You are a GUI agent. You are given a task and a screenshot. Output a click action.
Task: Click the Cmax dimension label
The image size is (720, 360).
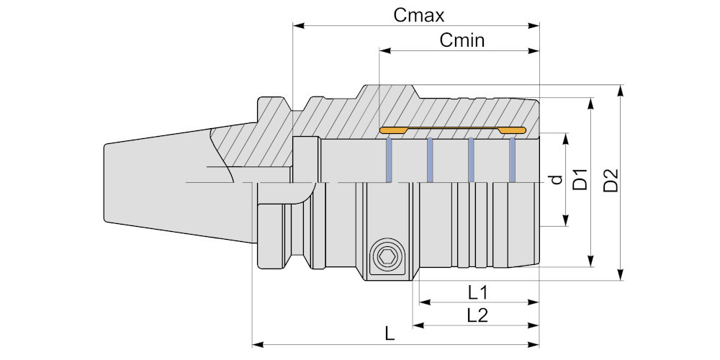click(x=419, y=14)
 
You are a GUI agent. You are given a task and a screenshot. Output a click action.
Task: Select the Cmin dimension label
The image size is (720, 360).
click(x=462, y=40)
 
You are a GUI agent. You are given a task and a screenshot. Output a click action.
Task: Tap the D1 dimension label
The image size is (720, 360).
click(x=580, y=180)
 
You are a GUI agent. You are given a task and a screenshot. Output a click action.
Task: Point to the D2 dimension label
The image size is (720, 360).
click(x=611, y=180)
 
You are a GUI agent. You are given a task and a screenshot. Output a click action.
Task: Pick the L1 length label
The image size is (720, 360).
click(x=478, y=292)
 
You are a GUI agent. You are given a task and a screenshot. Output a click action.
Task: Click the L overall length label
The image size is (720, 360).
click(x=390, y=335)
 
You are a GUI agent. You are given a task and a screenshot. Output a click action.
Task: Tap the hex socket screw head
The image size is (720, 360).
click(x=387, y=257)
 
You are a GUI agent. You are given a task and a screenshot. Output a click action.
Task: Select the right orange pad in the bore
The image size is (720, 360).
click(x=513, y=130)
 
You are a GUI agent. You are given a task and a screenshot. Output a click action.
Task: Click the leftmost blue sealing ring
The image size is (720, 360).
click(x=390, y=160)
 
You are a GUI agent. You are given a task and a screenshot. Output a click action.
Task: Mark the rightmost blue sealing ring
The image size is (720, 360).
click(x=513, y=160)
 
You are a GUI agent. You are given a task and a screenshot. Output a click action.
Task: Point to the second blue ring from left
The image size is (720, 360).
click(x=430, y=160)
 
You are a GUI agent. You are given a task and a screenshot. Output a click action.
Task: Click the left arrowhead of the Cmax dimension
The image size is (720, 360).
click(x=297, y=25)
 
